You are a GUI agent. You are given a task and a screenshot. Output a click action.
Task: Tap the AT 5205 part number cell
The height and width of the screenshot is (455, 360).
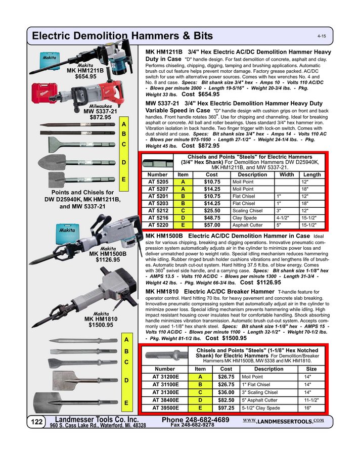pos(158,181)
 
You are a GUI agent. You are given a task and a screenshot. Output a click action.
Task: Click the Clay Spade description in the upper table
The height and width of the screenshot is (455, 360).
pos(244,218)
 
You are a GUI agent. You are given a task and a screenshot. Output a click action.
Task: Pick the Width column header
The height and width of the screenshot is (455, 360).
pos(287,174)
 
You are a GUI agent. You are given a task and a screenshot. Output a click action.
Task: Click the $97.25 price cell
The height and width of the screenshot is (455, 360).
pos(225,407)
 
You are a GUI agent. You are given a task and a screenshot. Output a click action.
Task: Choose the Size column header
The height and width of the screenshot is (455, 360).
pos(311,369)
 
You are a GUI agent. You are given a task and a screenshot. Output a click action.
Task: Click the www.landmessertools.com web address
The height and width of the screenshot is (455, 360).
pos(283,421)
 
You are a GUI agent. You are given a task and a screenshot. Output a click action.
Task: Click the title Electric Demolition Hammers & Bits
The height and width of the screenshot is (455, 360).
pos(122,36)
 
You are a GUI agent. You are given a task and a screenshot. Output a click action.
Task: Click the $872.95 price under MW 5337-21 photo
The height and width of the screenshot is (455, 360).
pos(101,117)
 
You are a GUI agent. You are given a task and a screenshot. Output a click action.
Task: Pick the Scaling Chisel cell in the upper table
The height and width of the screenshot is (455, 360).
pos(247,210)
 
